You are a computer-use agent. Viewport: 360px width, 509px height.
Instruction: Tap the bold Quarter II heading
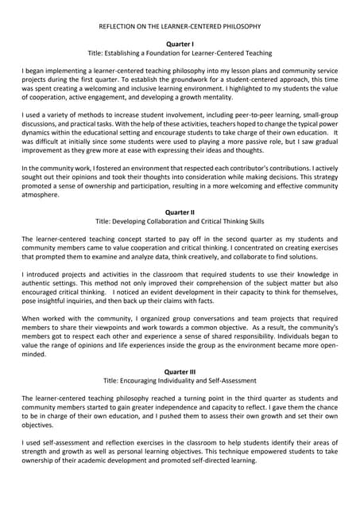pyautogui.click(x=180, y=212)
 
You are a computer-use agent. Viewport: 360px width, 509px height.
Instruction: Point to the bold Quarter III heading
pyautogui.click(x=180, y=371)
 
